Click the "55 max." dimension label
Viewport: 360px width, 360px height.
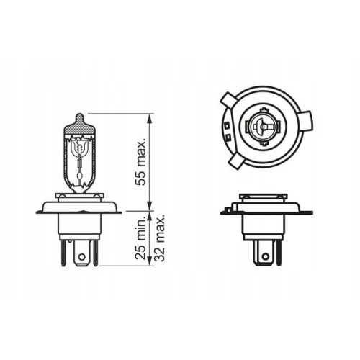pyautogui.click(x=140, y=162)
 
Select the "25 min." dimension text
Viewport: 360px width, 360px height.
pyautogui.click(x=140, y=238)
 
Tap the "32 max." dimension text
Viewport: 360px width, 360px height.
pyautogui.click(x=159, y=238)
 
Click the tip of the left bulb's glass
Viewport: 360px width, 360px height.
pyautogui.click(x=79, y=114)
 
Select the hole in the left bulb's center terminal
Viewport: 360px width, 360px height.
pyautogui.click(x=82, y=257)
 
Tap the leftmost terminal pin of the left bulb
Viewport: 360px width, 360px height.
pyautogui.click(x=63, y=253)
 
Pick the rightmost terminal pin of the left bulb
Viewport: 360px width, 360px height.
pyautogui.click(x=96, y=253)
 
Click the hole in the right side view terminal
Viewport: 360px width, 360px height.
pyautogui.click(x=265, y=257)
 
